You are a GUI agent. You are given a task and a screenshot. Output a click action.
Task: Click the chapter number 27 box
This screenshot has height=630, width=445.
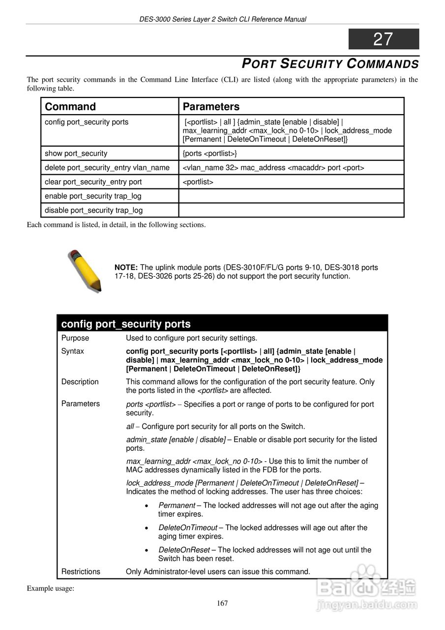point(384,39)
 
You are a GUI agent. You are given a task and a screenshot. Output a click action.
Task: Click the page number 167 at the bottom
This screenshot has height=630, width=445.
point(222,603)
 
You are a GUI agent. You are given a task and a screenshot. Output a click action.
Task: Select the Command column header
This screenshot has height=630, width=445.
point(70,107)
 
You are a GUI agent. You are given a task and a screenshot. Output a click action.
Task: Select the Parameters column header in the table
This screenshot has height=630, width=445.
point(211,107)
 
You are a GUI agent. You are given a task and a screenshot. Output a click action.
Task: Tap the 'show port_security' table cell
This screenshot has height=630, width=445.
point(76,154)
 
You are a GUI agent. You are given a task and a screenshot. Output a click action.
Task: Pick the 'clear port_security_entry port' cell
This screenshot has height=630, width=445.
point(93,182)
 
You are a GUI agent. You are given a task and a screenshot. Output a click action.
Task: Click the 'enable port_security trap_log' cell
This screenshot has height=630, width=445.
point(93,196)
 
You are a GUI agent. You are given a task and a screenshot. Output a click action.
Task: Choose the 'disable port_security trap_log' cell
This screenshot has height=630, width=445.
point(93,211)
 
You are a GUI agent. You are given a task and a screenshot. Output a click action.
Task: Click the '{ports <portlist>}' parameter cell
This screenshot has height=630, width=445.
point(210,154)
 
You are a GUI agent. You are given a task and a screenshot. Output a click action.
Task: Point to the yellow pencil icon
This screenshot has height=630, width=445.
point(84,270)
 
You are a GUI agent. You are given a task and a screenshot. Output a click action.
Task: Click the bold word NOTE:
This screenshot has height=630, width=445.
point(126,268)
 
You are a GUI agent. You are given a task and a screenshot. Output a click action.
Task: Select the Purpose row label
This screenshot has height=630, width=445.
point(75,338)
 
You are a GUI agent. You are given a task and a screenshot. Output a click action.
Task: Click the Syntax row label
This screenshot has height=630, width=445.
point(73,351)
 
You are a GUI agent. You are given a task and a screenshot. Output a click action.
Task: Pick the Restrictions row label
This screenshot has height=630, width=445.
point(81,572)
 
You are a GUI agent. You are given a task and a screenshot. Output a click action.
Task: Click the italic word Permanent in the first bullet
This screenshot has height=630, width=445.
point(177,505)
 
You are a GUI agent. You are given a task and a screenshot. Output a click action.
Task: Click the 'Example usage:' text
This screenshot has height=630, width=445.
point(50,588)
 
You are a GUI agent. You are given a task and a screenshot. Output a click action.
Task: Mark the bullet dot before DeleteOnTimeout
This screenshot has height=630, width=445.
point(148,528)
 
